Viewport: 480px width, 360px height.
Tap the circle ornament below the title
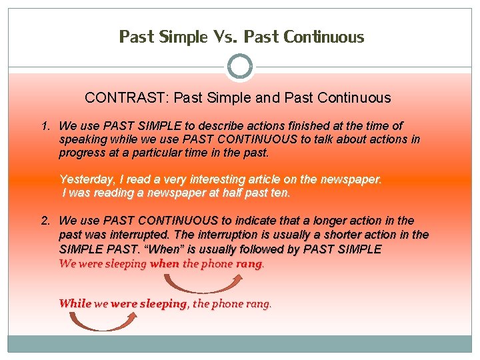click(x=240, y=67)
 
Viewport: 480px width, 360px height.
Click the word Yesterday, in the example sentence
click(x=87, y=179)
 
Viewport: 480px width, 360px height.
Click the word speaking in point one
click(x=83, y=139)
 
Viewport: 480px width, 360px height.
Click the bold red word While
click(x=75, y=304)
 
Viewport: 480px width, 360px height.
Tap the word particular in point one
click(x=163, y=153)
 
